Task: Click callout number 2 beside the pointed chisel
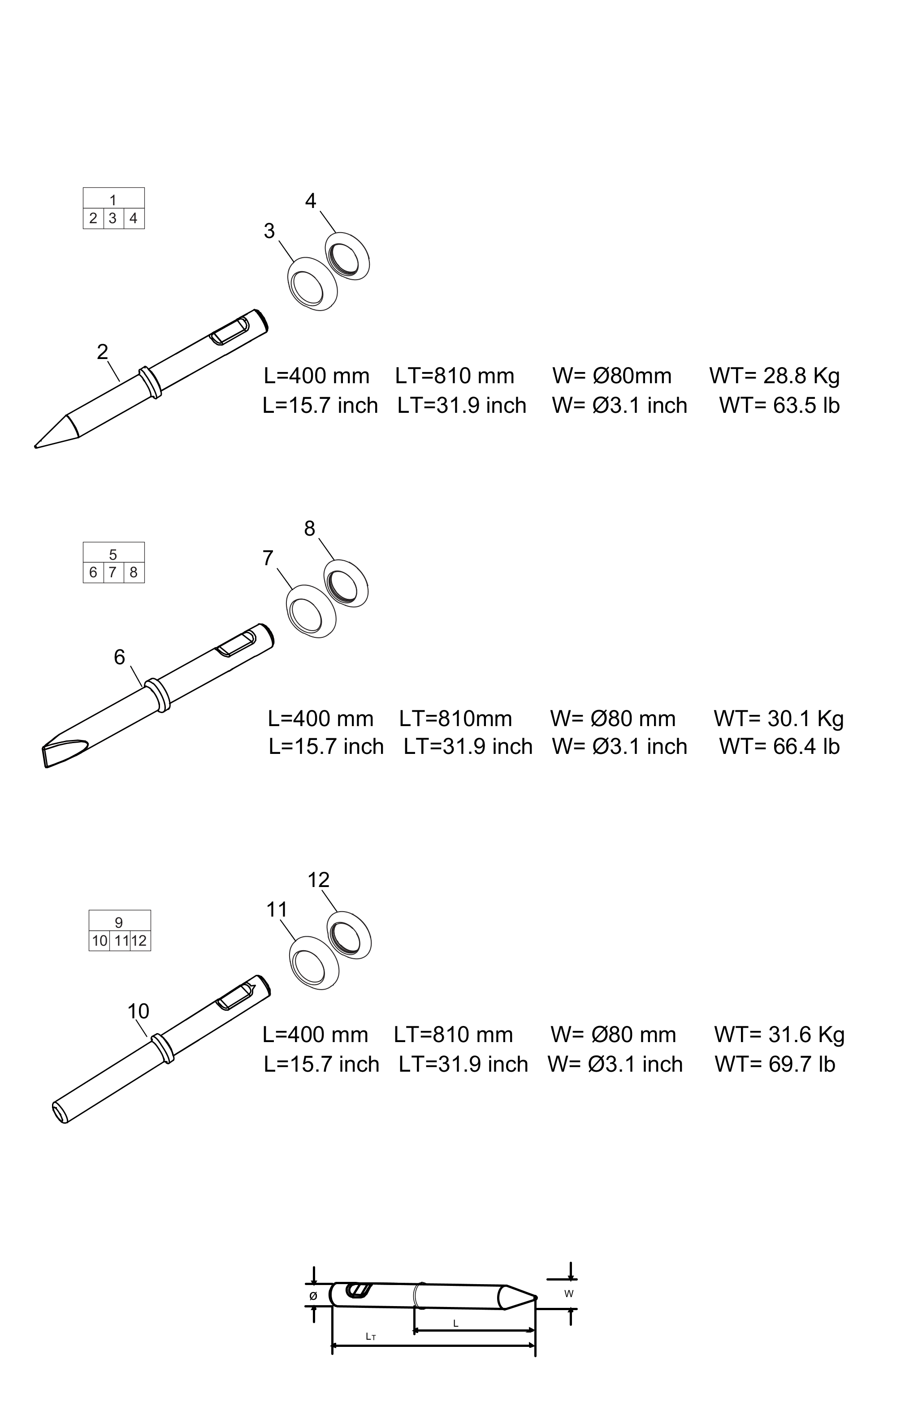tap(103, 352)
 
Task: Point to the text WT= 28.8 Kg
tap(775, 376)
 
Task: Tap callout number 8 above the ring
tap(309, 528)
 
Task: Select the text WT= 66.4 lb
tap(779, 746)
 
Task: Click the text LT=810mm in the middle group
tap(455, 719)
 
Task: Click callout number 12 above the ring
tap(318, 880)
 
